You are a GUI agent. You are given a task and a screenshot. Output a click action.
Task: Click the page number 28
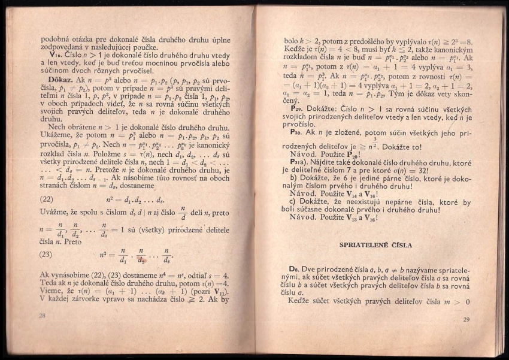pyautogui.click(x=42, y=315)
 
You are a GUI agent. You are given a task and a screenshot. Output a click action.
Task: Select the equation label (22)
pyautogui.click(x=46, y=198)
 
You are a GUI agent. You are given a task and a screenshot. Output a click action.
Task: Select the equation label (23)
pyautogui.click(x=46, y=254)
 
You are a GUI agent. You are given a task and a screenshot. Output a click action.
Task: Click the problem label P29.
pyautogui.click(x=297, y=110)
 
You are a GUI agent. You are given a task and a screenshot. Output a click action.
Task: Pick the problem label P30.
pyautogui.click(x=297, y=132)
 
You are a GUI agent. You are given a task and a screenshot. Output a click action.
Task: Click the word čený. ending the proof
pyautogui.click(x=291, y=101)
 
